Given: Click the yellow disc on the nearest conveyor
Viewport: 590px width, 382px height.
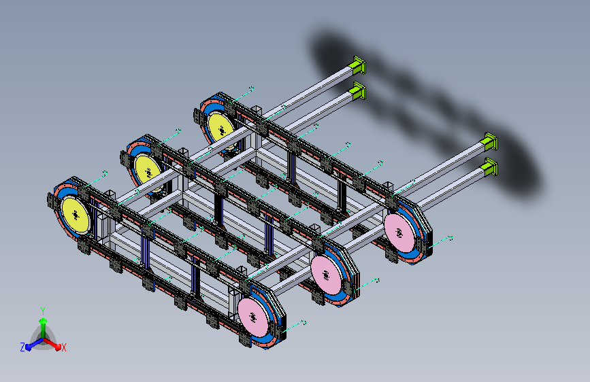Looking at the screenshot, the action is point(76,215).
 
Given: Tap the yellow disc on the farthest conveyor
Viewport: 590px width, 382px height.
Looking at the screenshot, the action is point(221,130).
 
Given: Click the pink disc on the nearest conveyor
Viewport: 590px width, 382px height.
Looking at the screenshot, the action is point(253,317).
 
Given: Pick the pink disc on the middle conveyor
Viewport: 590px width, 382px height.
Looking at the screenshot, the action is point(326,275).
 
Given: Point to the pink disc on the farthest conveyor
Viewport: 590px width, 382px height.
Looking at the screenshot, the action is point(399,233).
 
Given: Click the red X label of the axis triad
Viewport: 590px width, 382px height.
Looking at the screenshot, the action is point(63,347).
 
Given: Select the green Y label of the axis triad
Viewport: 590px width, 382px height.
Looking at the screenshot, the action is point(43,311).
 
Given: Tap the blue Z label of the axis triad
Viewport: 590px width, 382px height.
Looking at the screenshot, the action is point(22,347).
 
